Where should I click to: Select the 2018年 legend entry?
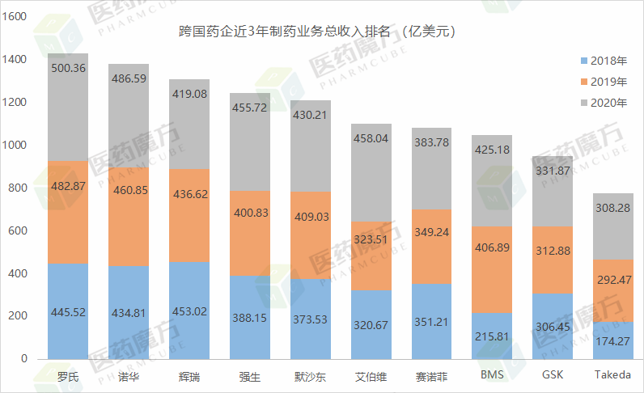tap(603, 61)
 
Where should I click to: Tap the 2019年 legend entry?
tap(603, 82)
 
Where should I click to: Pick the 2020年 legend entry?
tap(603, 103)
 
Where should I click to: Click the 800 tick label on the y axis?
tap(18, 188)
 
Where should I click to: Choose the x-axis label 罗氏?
tap(68, 376)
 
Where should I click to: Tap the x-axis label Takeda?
tap(614, 376)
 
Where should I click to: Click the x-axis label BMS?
tap(492, 376)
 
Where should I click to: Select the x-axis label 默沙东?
tap(311, 376)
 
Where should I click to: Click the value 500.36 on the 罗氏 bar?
tap(68, 70)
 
